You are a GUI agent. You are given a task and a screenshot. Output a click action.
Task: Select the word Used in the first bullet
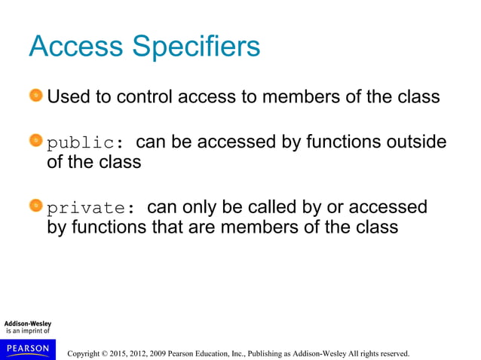tap(70, 97)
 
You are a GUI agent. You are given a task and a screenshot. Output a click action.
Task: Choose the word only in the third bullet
tap(204, 207)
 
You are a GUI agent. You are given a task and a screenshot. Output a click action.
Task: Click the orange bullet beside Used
tap(36, 96)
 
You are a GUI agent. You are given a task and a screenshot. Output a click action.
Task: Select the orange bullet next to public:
tap(36, 142)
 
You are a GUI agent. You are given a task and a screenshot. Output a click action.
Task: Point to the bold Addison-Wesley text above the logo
tap(28, 324)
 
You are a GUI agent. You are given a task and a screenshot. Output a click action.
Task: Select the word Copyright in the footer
tap(85, 352)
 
